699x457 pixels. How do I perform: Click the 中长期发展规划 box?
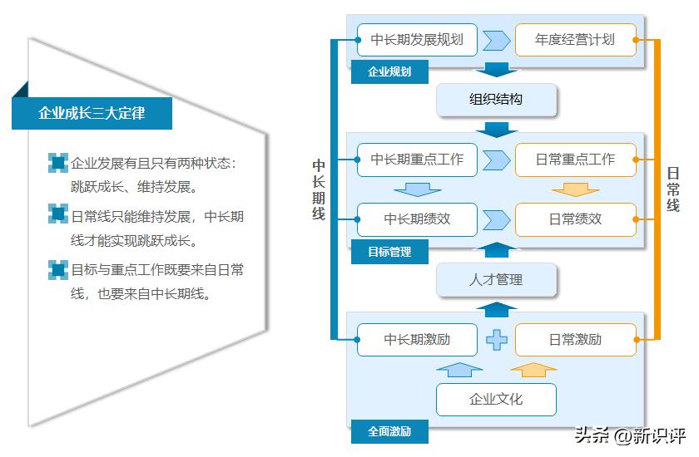417,39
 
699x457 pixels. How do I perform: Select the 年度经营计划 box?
575,39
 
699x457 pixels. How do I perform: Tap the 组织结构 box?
496,100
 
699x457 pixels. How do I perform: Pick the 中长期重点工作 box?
417,160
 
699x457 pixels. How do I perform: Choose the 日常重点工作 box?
575,160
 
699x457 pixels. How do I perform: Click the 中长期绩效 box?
417,219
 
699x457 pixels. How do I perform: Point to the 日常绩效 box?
575,219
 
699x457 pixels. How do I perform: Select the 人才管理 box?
496,280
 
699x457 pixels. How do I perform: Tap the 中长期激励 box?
417,339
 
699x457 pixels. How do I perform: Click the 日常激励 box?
575,339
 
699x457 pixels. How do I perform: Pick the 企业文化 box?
496,399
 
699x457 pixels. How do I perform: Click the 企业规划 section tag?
389,71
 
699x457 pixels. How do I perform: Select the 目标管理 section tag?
389,251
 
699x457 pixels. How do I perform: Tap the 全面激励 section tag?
389,431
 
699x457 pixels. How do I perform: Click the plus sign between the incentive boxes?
497,339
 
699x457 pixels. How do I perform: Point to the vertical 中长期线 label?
318,189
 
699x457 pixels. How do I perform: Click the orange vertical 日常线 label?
673,189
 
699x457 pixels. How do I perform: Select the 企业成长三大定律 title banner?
92,113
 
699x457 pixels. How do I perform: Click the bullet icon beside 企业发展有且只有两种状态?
58,163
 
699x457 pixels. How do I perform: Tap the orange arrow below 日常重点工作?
575,189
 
